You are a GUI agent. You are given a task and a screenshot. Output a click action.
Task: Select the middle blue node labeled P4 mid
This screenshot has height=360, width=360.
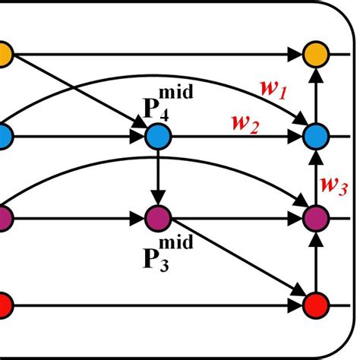(x=159, y=137)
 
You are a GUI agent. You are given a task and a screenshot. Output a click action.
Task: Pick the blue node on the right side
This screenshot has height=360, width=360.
(x=314, y=137)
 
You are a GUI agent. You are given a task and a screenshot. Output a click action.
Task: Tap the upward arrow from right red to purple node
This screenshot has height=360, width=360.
(x=314, y=262)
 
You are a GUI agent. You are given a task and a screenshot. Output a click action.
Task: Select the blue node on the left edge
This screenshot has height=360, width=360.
(x=4, y=137)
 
